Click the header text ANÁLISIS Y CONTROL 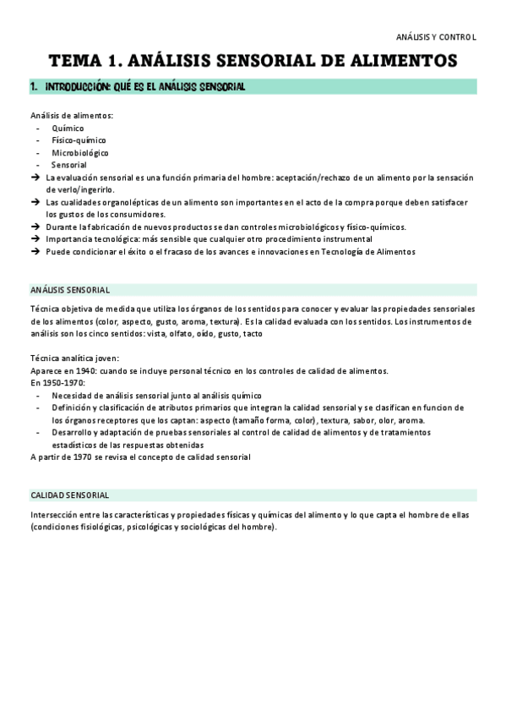tap(436, 37)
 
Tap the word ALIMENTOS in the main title tap(400, 61)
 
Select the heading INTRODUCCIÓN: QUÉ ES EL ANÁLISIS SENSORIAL tap(144, 87)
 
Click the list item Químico tap(67, 129)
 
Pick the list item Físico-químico tap(79, 140)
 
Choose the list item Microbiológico tap(79, 153)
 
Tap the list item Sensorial tap(68, 166)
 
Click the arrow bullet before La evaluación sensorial tap(35, 178)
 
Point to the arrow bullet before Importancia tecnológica tap(35, 239)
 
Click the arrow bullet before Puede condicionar tap(35, 251)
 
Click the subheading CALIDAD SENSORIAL tap(69, 495)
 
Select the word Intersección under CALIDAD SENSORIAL tap(57, 515)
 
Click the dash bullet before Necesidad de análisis tap(40, 395)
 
